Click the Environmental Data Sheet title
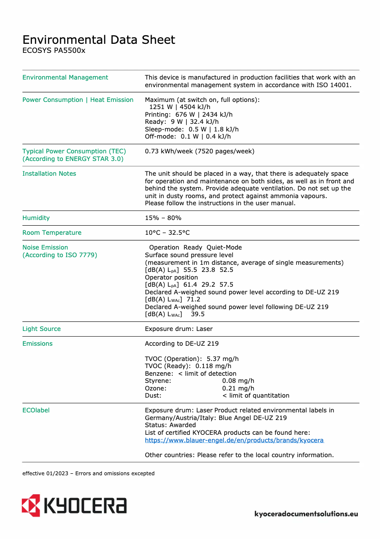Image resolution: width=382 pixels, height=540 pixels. click(99, 40)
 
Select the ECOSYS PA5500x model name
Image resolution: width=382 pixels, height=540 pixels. click(54, 50)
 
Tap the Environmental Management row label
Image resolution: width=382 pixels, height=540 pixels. click(65, 78)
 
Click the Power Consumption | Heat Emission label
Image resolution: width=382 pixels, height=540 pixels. click(78, 100)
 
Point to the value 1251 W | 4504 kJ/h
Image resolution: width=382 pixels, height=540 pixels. click(180, 107)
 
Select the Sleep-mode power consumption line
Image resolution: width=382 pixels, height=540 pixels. click(191, 130)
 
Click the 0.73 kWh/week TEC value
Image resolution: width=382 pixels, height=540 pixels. click(199, 151)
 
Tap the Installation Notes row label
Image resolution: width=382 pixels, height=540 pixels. click(49, 174)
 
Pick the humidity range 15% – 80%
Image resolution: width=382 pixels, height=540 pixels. click(163, 218)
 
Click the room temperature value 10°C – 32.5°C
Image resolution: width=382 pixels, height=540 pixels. click(167, 233)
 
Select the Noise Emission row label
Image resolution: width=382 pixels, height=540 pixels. click(45, 248)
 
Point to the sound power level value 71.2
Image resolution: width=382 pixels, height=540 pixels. click(193, 300)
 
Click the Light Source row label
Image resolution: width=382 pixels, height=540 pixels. click(41, 329)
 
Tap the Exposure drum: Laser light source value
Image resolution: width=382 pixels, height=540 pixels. click(179, 329)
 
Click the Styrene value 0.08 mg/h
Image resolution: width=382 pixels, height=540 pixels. click(238, 381)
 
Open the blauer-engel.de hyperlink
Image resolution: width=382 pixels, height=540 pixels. click(234, 440)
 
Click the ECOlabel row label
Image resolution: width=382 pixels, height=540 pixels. click(36, 410)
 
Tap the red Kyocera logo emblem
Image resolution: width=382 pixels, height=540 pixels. click(30, 505)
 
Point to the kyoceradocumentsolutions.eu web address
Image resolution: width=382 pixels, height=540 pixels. click(306, 514)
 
